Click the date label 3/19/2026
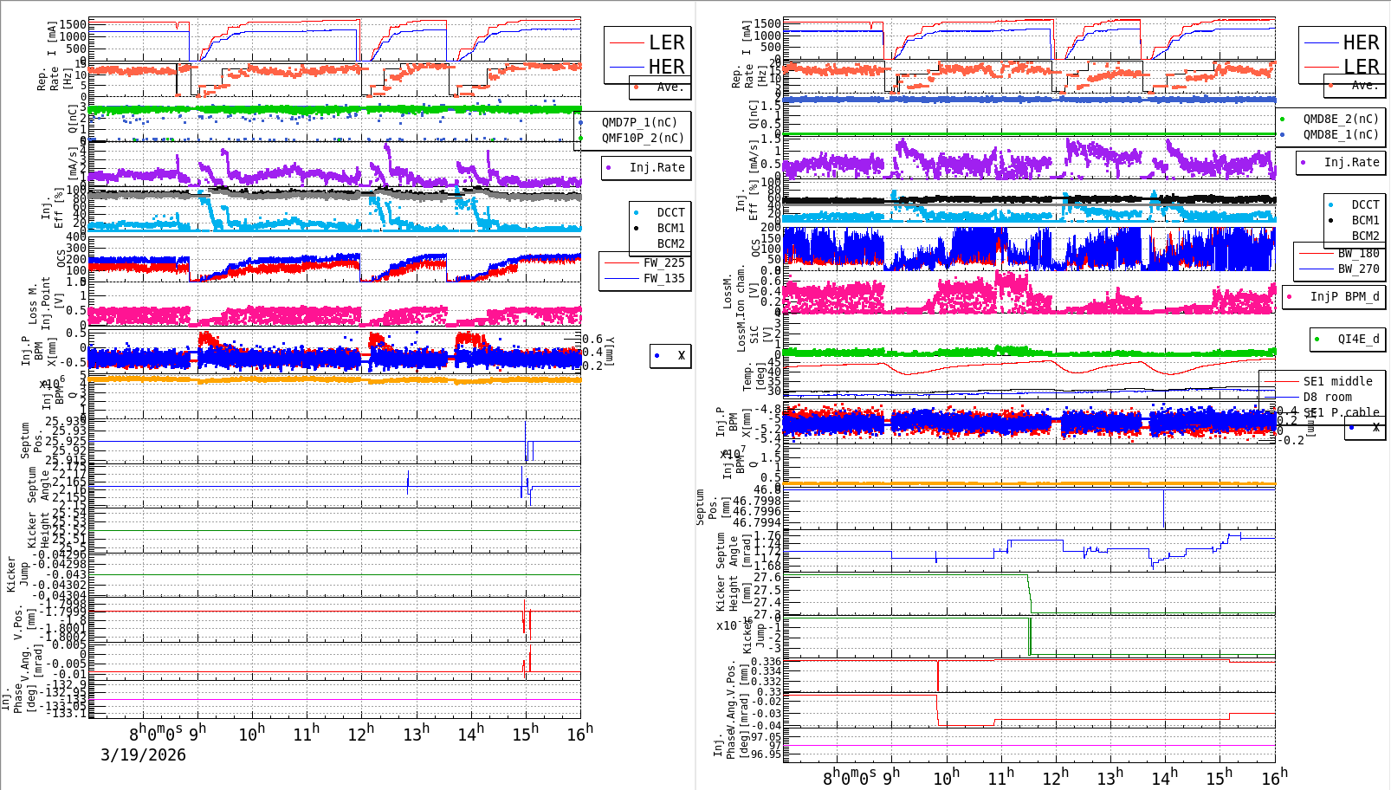[143, 754]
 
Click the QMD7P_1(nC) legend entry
[639, 122]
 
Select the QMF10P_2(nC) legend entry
[642, 138]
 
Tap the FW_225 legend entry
[663, 262]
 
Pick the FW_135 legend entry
[663, 278]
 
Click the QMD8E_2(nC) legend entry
[1340, 119]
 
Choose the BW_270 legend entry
[1357, 269]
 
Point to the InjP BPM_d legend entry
[1344, 296]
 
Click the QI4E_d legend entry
[1357, 339]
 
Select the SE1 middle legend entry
[1337, 381]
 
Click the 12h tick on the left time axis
[360, 734]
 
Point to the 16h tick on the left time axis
[580, 734]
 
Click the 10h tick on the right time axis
[946, 778]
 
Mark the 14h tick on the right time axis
[1165, 778]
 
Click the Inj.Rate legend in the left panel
[656, 167]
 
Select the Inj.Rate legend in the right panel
[1350, 162]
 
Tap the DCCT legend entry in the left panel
[670, 212]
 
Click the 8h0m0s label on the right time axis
[849, 778]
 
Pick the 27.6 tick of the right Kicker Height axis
[767, 577]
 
